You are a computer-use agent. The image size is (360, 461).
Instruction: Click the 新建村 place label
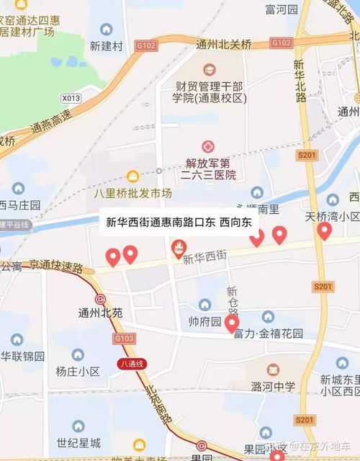pyautogui.click(x=107, y=46)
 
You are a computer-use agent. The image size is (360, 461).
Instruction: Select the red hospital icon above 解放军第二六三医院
pyautogui.click(x=208, y=146)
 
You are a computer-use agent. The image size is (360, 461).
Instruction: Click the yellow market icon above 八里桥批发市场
pyautogui.click(x=132, y=176)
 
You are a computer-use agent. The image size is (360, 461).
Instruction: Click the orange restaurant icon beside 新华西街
pyautogui.click(x=176, y=249)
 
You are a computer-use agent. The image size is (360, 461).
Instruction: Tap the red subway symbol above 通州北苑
pyautogui.click(x=100, y=299)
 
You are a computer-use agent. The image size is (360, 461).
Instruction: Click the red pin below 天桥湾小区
pyautogui.click(x=324, y=230)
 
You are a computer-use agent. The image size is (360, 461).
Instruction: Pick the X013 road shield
pyautogui.click(x=71, y=98)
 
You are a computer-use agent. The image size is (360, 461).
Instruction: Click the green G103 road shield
pyautogui.click(x=124, y=337)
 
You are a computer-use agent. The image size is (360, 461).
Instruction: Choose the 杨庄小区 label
pyautogui.click(x=78, y=372)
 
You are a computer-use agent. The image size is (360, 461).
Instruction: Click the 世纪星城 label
pyautogui.click(x=78, y=442)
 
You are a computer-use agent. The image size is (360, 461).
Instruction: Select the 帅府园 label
pyautogui.click(x=204, y=321)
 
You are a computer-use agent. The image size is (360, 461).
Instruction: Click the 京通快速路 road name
pyautogui.click(x=56, y=266)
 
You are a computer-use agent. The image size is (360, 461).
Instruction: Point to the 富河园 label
pyautogui.click(x=282, y=9)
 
